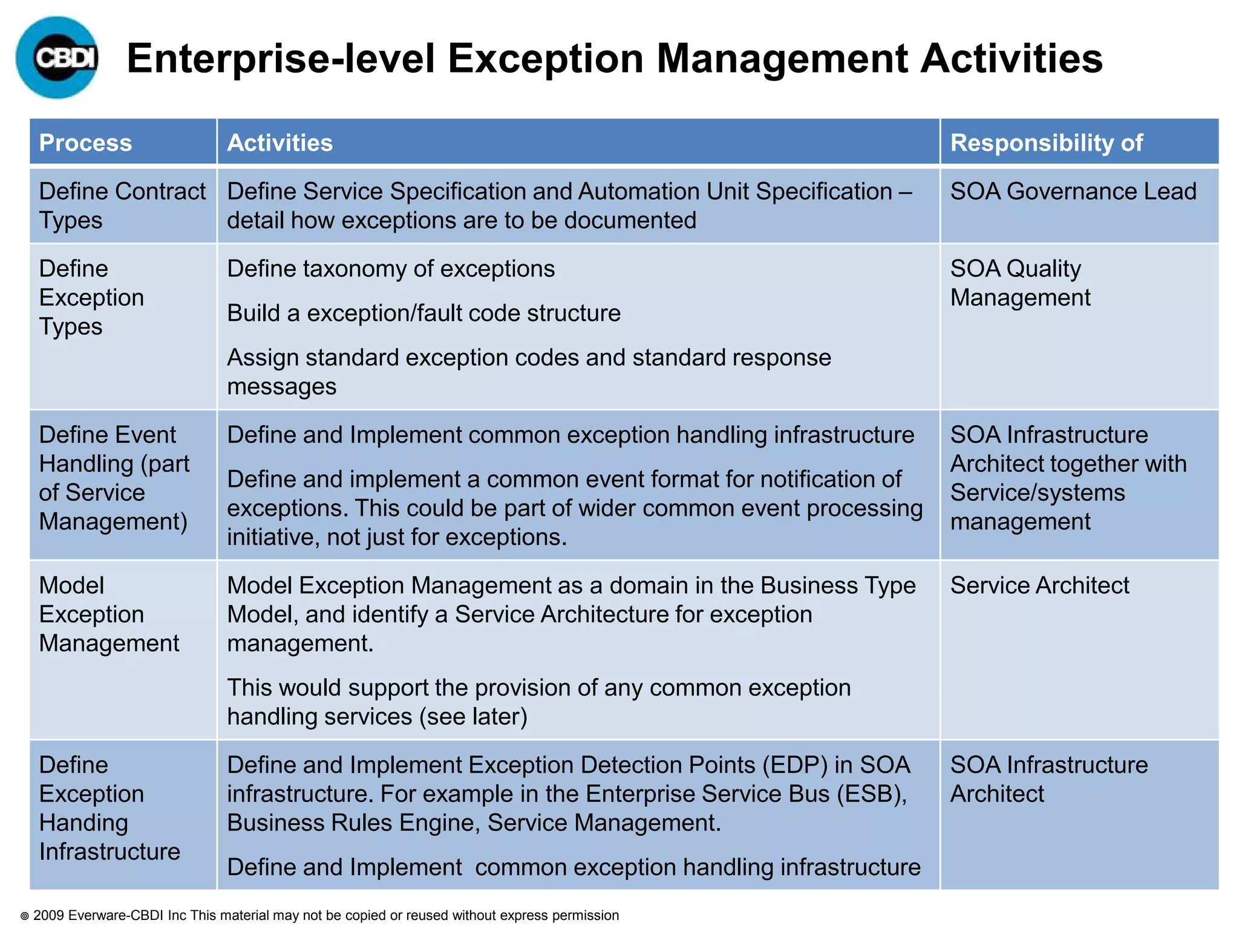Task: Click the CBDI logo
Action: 57,57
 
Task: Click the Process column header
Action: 85,143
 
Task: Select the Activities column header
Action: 280,143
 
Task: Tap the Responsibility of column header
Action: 1046,143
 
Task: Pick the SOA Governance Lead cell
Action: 1073,192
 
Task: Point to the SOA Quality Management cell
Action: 1020,283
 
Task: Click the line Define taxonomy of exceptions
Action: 391,269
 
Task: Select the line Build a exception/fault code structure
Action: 423,313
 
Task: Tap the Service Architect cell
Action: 1039,585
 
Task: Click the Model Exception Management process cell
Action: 109,614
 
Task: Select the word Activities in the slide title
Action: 1011,59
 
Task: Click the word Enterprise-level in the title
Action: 281,59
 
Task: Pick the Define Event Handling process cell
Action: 114,478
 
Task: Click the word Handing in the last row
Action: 83,823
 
